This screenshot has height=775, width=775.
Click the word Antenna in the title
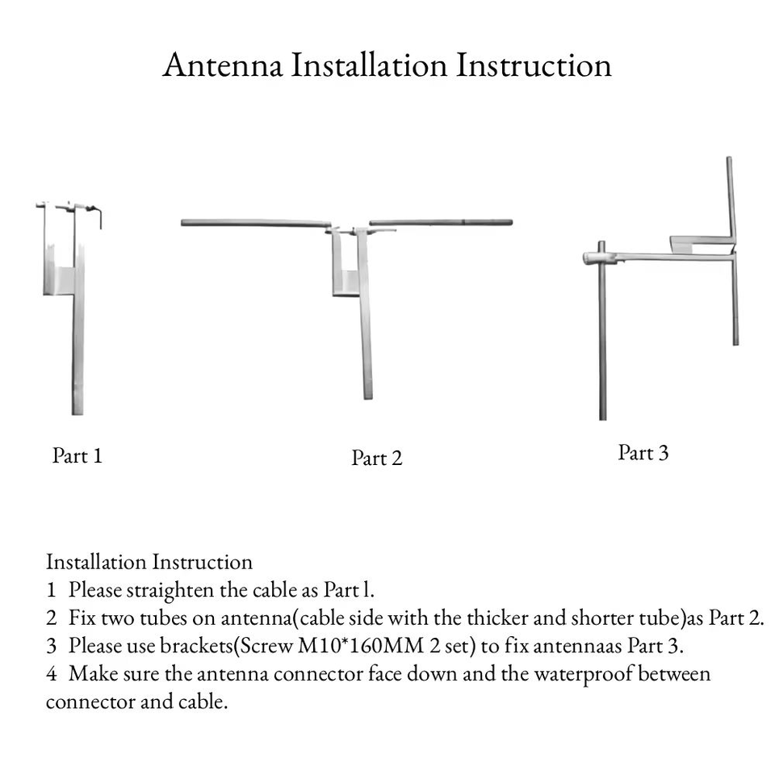click(223, 65)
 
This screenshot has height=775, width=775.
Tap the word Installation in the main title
click(369, 65)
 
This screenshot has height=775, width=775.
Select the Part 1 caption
click(77, 455)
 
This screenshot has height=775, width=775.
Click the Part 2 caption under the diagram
click(377, 458)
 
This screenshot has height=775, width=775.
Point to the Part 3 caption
click(643, 453)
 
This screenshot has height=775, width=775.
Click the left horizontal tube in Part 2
click(256, 224)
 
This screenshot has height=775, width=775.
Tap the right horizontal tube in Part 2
click(441, 223)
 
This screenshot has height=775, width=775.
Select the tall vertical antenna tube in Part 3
click(732, 250)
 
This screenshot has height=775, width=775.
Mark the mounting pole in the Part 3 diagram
click(602, 331)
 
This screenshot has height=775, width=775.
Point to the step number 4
click(52, 674)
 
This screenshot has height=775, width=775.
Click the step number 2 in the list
click(52, 618)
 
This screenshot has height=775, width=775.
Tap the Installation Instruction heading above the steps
click(149, 562)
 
